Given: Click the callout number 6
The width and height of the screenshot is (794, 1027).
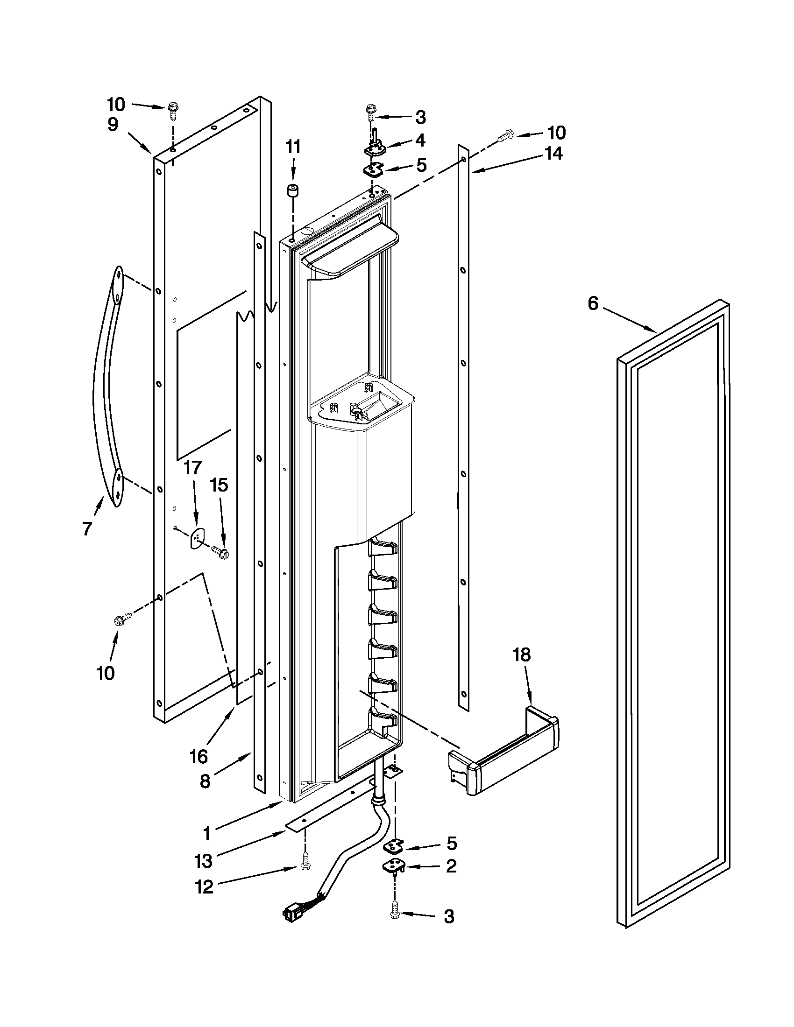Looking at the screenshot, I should pos(593,304).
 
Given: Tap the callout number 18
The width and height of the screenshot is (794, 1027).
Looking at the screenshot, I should pos(522,654).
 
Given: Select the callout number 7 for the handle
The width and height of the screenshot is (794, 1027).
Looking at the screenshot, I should pos(86,528).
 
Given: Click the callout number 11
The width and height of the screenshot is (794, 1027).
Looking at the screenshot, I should pos(293,147).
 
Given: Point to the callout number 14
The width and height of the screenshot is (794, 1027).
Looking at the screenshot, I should pos(553,154).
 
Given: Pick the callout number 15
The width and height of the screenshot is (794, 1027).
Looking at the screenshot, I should pos(219,485).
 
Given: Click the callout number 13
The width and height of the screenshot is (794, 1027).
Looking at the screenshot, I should pos(203,861).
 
